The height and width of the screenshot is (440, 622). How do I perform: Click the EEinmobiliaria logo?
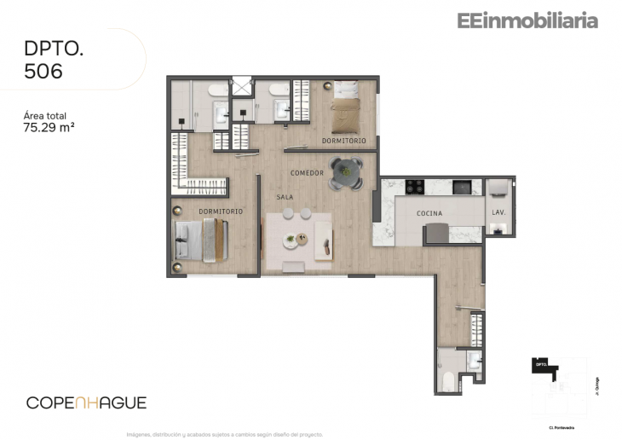point(527,21)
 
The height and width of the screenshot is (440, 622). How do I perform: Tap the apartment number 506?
point(43,72)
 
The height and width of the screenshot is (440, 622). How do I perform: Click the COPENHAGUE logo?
point(86,402)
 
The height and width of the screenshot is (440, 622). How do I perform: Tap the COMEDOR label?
point(307,173)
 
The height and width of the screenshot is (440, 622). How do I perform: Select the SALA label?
point(285,197)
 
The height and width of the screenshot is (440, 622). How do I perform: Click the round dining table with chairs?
point(346,172)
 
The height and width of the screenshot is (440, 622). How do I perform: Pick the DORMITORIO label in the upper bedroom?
point(343,140)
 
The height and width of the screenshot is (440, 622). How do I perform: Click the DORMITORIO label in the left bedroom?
point(221,211)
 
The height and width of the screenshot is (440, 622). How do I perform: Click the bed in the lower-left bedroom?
point(200,240)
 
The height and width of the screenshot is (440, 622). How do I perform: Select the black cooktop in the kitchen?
point(415,186)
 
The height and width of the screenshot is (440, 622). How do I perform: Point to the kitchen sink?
point(461,186)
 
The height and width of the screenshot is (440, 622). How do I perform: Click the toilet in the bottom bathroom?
point(473,361)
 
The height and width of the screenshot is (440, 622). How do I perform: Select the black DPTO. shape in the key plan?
point(543,365)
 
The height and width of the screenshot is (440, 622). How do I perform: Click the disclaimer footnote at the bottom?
point(225,433)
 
